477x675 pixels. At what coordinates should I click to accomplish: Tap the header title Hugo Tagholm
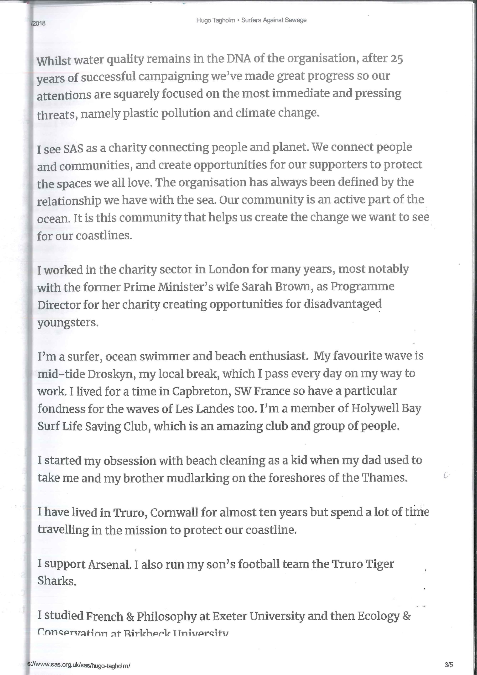pos(216,20)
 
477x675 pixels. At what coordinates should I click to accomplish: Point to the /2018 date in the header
pos(38,23)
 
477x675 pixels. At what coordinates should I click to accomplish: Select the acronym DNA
pos(239,58)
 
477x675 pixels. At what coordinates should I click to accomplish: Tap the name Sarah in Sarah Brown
pos(257,287)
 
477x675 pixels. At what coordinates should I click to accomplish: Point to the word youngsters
pos(68,323)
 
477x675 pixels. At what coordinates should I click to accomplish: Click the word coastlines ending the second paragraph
pos(104,236)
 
